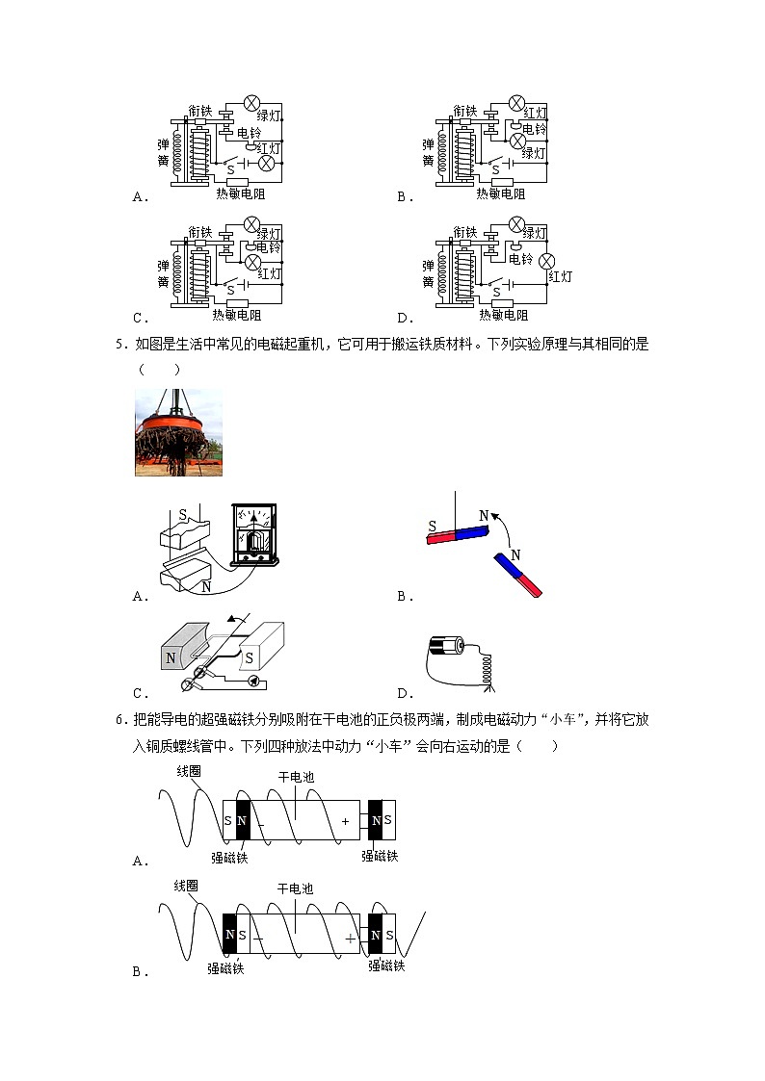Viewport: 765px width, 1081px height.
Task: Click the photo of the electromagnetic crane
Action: [x=178, y=432]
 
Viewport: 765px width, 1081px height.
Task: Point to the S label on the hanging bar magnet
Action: [x=433, y=527]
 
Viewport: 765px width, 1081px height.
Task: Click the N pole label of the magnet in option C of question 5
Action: [x=171, y=658]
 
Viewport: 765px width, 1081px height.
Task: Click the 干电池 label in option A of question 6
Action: [x=295, y=777]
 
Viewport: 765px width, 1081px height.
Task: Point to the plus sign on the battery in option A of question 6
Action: [x=345, y=821]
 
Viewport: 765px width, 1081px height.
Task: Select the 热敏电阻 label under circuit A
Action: [x=241, y=193]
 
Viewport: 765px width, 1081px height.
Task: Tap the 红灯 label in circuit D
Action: [x=560, y=276]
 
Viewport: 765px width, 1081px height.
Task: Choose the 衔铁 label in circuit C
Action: [x=199, y=232]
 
